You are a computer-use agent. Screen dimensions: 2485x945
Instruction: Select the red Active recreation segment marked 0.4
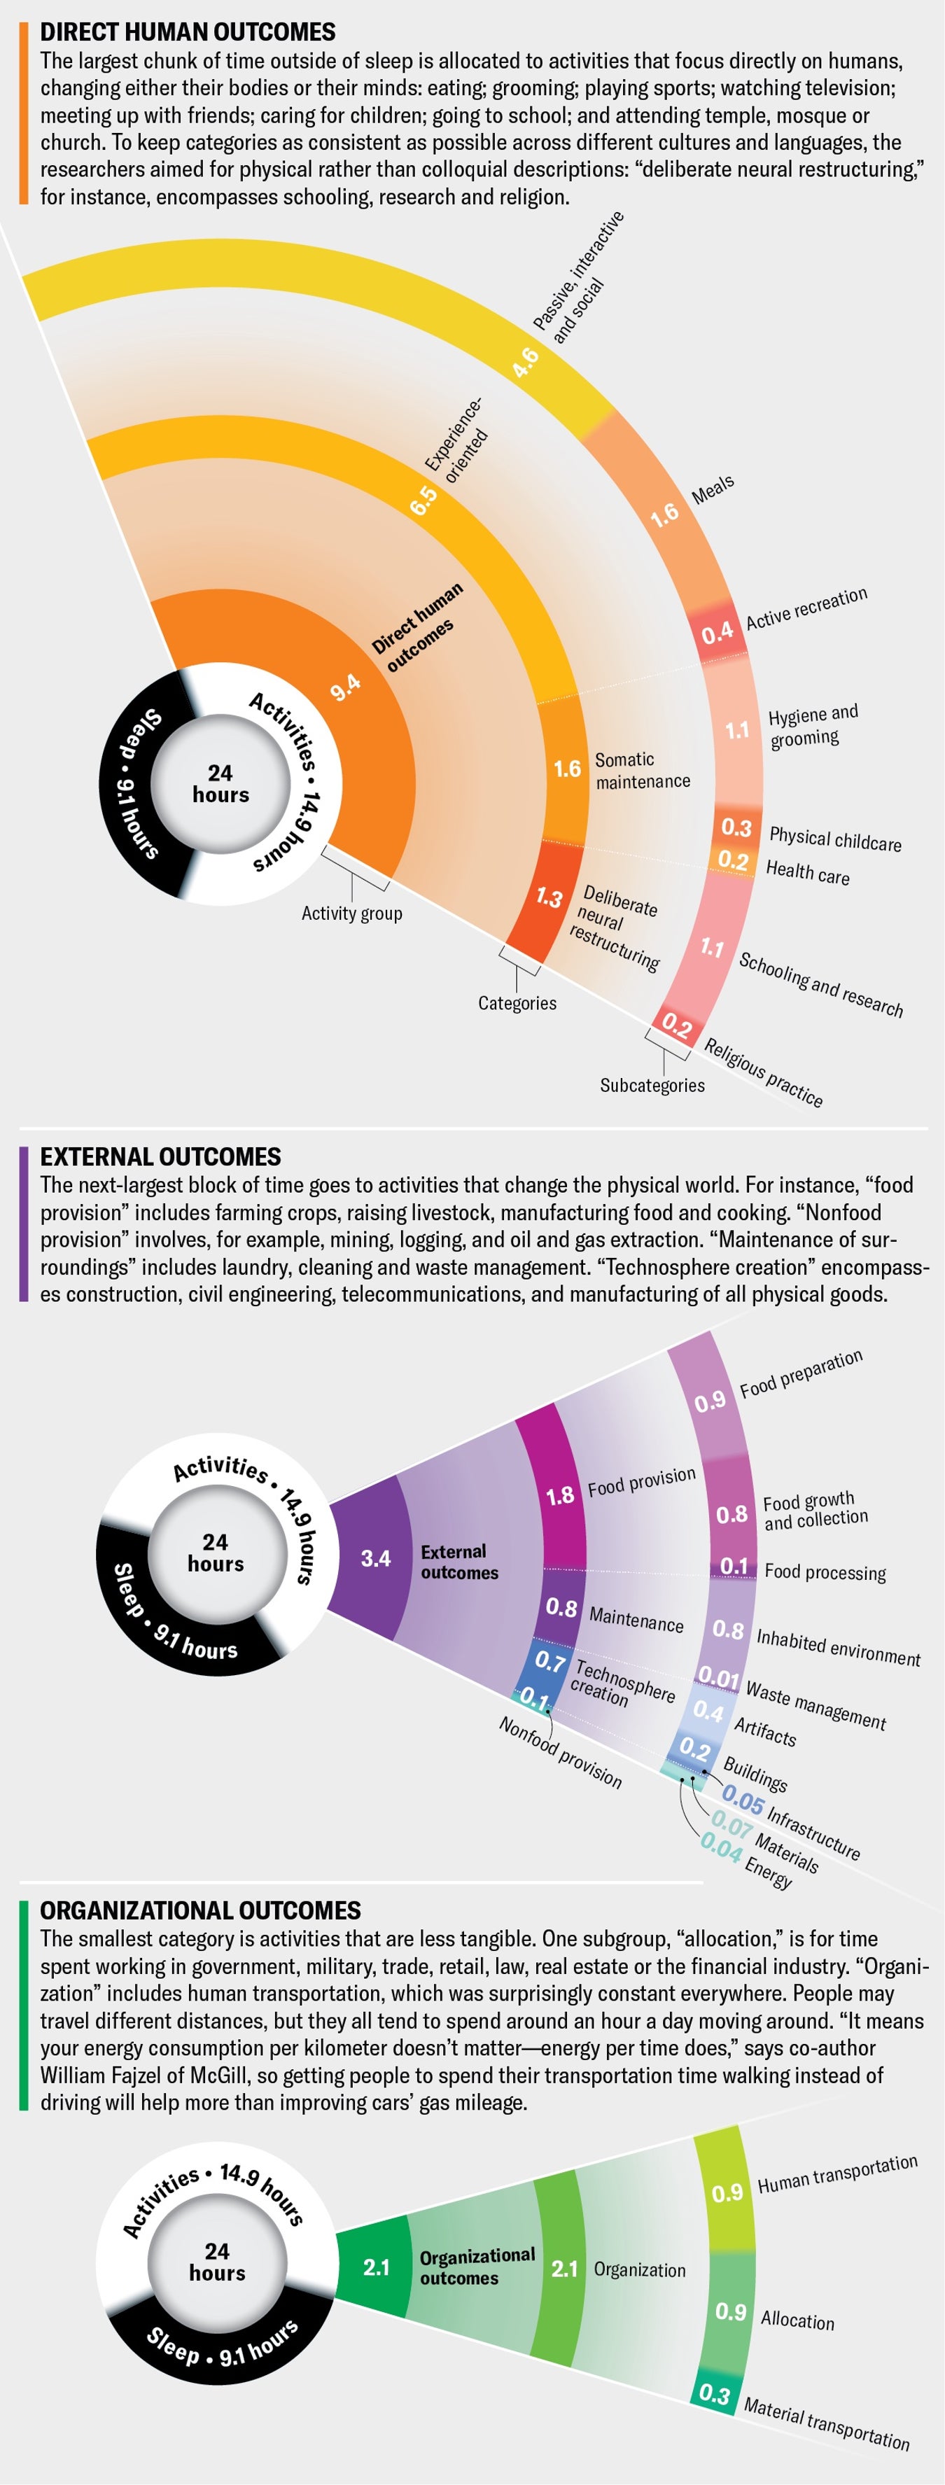717,633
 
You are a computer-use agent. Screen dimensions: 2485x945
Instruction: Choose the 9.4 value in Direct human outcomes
345,687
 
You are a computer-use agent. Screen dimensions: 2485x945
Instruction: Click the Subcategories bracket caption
652,1085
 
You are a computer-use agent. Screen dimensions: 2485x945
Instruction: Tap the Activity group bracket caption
352,913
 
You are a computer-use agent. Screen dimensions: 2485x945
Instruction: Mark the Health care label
807,872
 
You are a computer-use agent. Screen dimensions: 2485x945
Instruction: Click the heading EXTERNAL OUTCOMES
160,1156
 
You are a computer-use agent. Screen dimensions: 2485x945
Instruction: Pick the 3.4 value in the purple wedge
375,1558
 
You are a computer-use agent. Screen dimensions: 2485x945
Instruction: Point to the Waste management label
815,1705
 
